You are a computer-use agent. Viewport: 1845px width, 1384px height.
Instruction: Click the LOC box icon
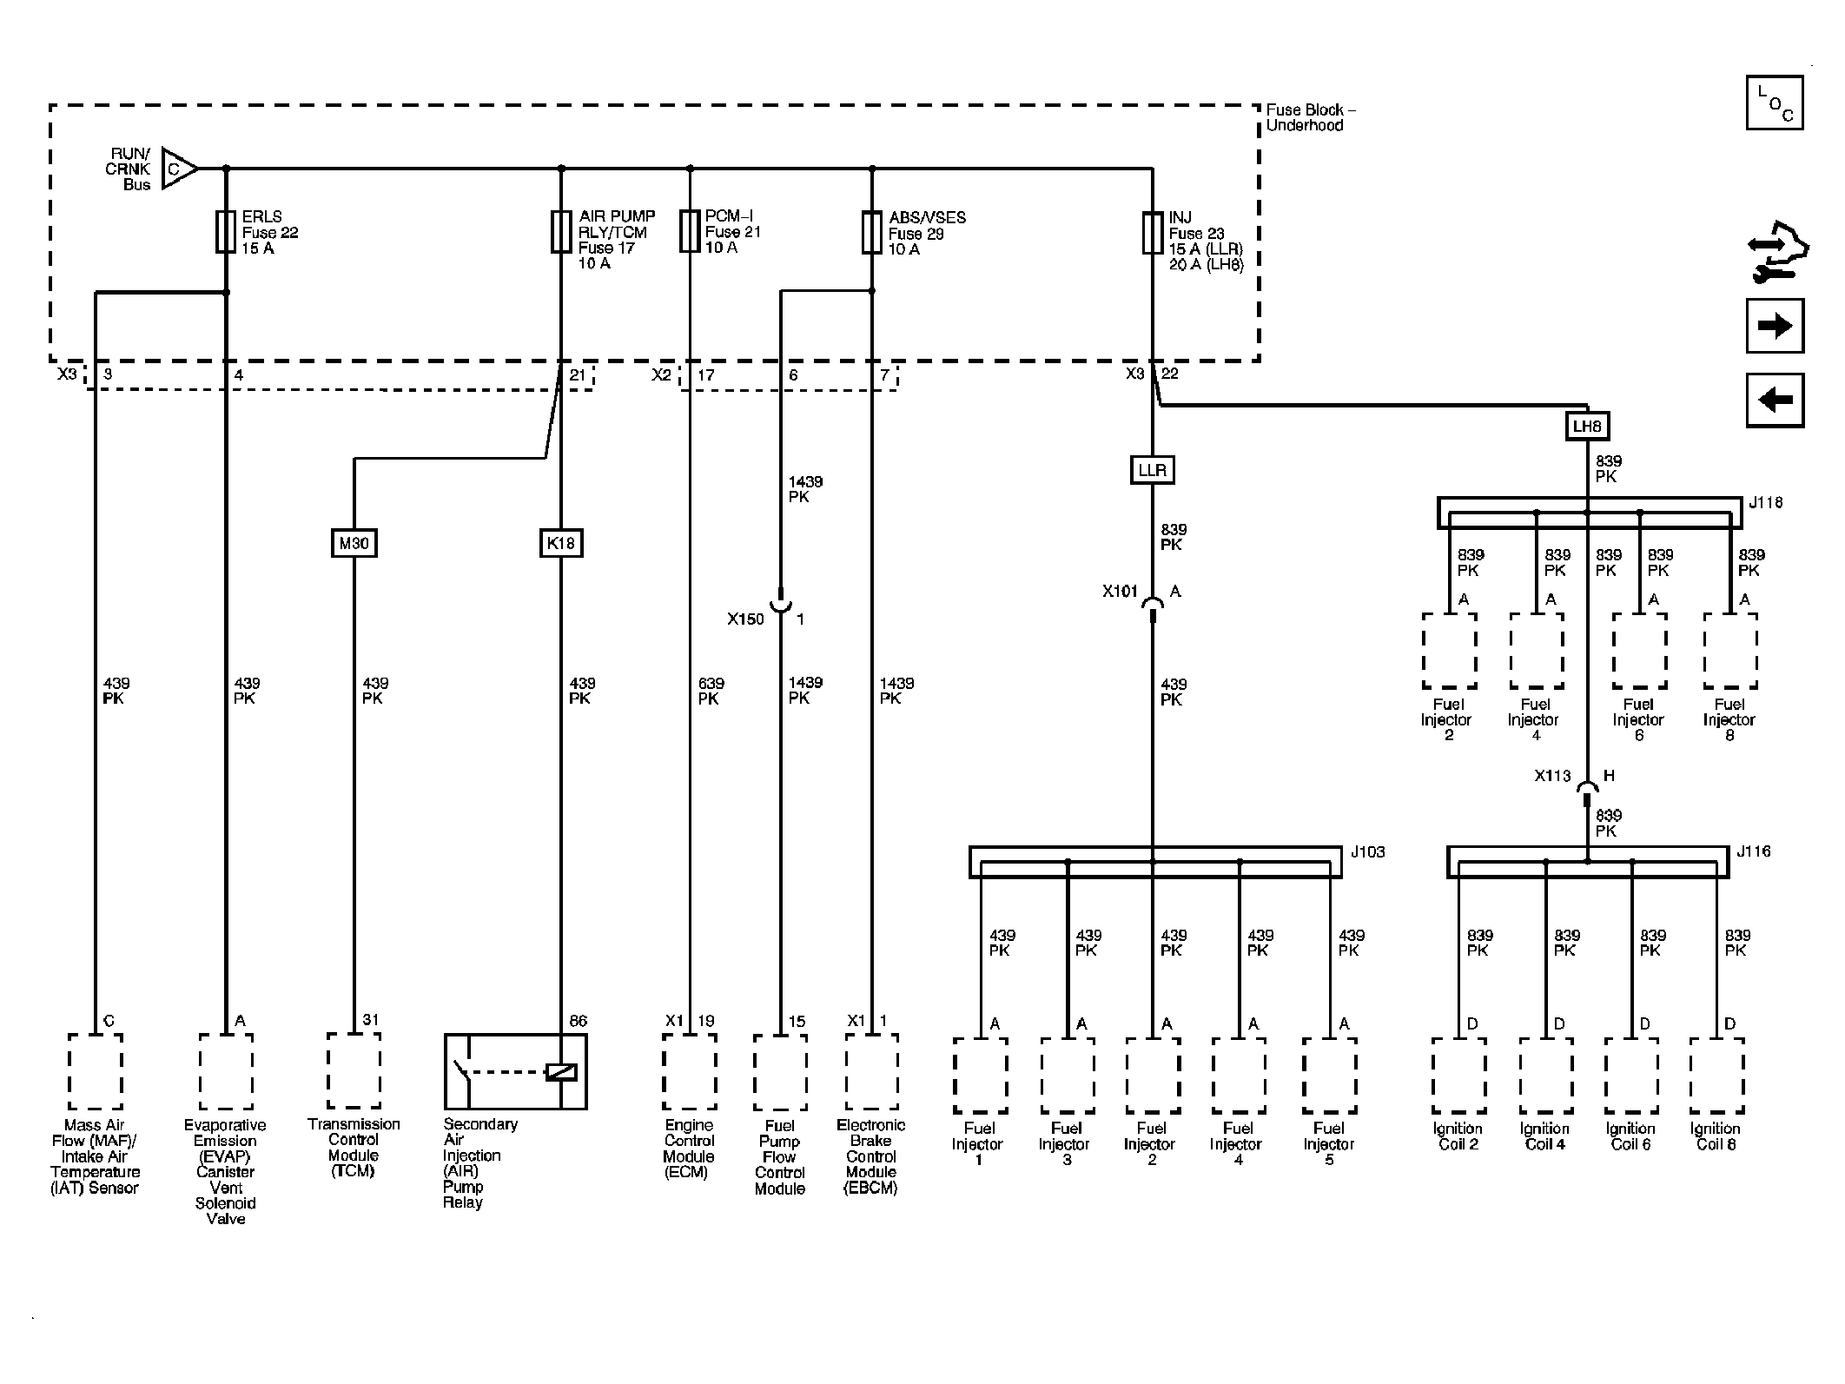tap(1774, 103)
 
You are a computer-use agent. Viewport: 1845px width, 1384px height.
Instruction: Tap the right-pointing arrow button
tap(1775, 326)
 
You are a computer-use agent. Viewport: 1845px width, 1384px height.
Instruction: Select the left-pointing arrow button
tap(1775, 401)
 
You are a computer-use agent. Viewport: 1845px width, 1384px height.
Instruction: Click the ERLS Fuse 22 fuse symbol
tap(225, 232)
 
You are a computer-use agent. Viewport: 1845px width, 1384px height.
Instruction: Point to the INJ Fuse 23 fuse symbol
tap(1152, 233)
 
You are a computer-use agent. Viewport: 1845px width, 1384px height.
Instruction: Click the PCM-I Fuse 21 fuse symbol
tap(690, 231)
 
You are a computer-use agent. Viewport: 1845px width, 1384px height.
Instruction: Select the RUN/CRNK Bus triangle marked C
tap(178, 169)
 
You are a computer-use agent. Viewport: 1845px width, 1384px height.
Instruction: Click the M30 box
tap(354, 543)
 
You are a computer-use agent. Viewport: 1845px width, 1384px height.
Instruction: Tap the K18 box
tap(560, 543)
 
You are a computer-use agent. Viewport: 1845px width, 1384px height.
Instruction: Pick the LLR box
tap(1152, 470)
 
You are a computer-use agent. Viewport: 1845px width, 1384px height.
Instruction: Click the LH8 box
tap(1587, 427)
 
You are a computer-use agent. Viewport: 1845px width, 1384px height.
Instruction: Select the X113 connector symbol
tap(1587, 789)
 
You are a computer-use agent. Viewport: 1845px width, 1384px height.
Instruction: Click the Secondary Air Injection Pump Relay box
tap(515, 1071)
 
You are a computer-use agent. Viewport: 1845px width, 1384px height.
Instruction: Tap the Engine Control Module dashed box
tap(689, 1071)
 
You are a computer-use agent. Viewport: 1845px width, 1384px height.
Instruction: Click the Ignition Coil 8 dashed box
tap(1716, 1076)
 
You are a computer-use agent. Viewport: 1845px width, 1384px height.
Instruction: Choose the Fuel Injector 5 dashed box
tap(1329, 1076)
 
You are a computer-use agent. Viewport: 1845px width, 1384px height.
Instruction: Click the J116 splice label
tap(1753, 851)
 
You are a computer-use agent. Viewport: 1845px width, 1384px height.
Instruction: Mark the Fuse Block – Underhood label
tap(1310, 117)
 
